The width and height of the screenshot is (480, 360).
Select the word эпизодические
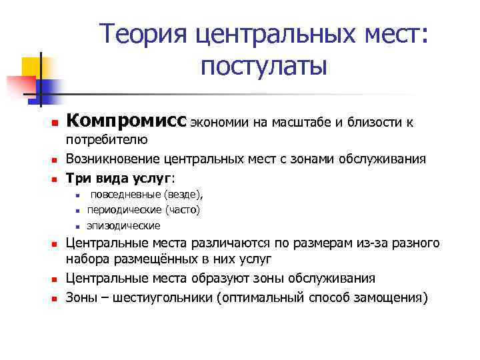pyautogui.click(x=123, y=225)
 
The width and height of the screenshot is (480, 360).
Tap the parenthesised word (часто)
pyautogui.click(x=181, y=210)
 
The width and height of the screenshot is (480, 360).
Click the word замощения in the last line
pyautogui.click(x=386, y=297)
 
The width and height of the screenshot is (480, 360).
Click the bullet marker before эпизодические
pyautogui.click(x=77, y=226)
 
